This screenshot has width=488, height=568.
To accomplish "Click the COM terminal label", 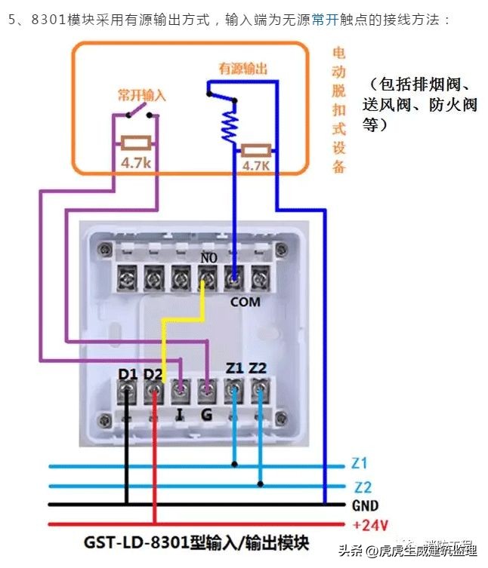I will pos(245,302).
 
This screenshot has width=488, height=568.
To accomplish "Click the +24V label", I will pos(369,524).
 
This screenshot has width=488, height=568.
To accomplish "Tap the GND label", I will pos(365,505).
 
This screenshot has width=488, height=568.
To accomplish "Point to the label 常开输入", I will pos(141,97).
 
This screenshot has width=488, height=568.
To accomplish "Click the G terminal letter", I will pos(205,413).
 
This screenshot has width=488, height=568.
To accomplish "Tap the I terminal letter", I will pos(179,413).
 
